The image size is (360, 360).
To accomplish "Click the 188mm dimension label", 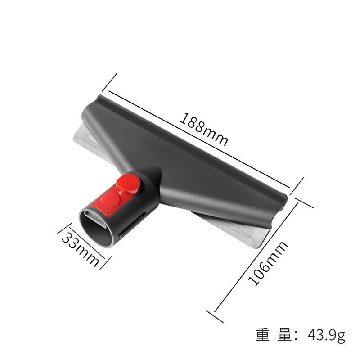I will [x=204, y=129].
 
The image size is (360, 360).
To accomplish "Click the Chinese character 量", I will [x=285, y=335].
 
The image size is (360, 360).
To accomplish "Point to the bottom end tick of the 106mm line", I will [x=215, y=316].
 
